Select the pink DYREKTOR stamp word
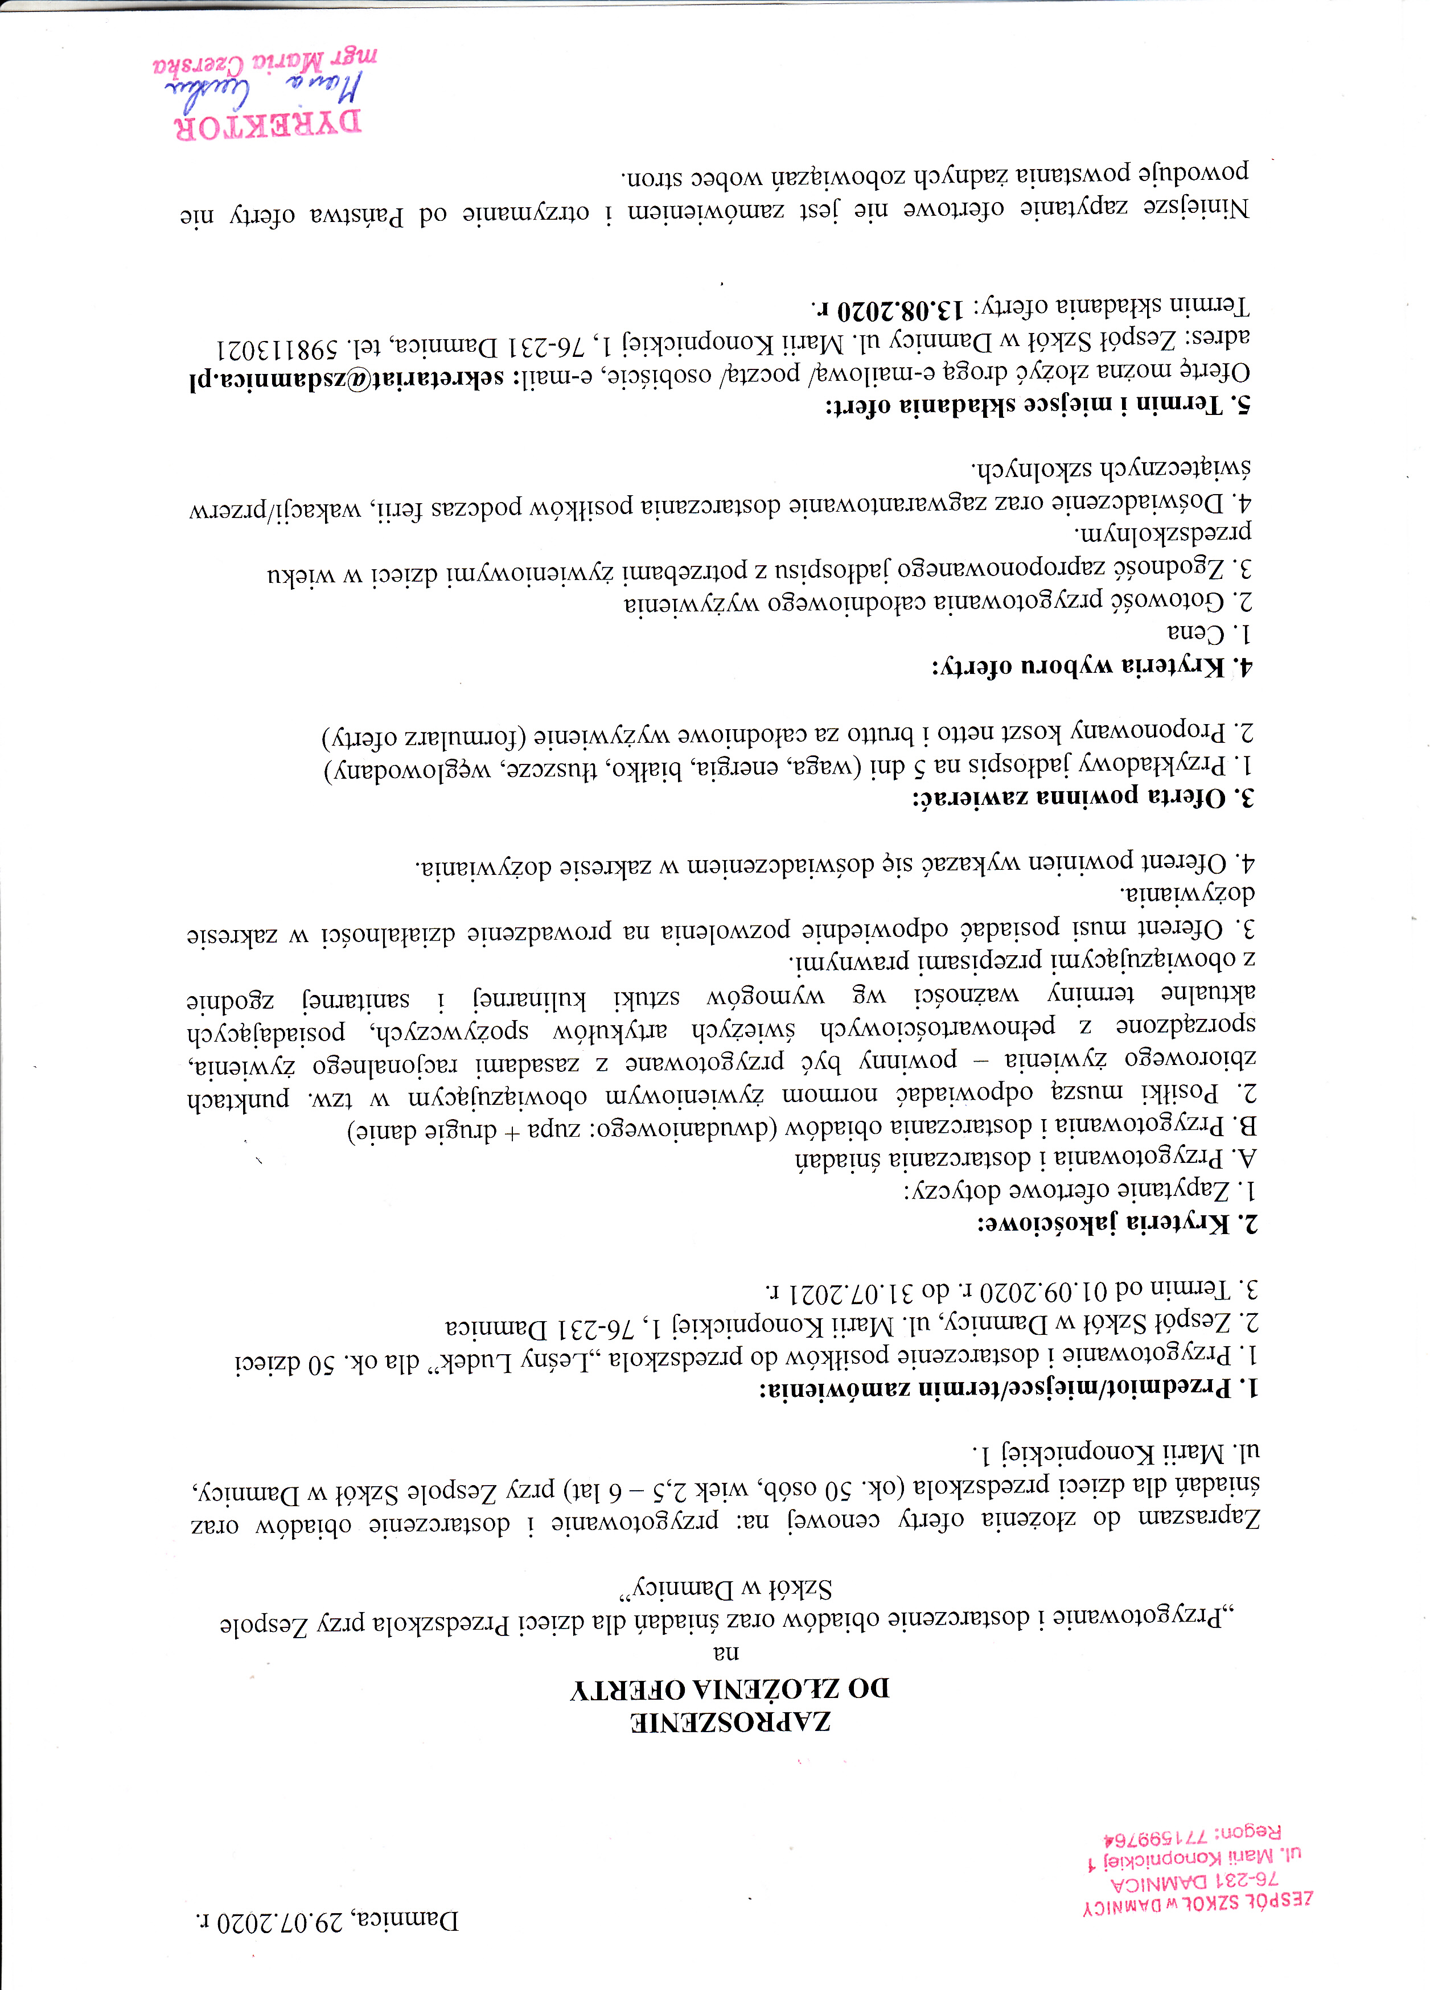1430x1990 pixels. pyautogui.click(x=269, y=125)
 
